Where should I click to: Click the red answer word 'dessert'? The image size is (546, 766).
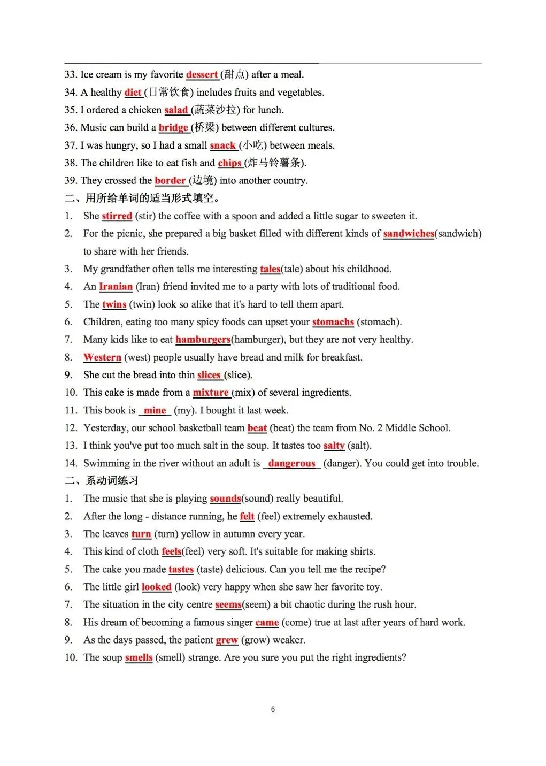click(202, 75)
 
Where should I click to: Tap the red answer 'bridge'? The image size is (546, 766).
click(173, 128)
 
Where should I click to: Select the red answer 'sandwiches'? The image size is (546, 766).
click(409, 234)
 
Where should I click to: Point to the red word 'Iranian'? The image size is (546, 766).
click(116, 287)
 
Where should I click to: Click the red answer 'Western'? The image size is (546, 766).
click(102, 357)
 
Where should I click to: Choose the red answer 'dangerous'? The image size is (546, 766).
click(291, 463)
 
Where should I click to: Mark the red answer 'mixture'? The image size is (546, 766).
click(211, 393)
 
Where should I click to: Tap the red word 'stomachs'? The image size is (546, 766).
click(333, 322)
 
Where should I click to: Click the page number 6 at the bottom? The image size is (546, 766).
click(273, 709)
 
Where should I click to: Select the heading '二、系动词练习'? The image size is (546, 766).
click(102, 480)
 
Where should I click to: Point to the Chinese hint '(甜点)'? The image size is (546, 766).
click(234, 75)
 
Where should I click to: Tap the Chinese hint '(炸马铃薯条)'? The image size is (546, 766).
click(275, 163)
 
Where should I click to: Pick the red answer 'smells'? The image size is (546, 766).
click(139, 657)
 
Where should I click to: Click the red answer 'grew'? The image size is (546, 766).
click(227, 640)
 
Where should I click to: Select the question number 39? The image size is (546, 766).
click(71, 181)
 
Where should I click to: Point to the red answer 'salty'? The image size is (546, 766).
click(334, 446)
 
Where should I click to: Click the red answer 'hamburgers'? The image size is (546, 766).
click(203, 340)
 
